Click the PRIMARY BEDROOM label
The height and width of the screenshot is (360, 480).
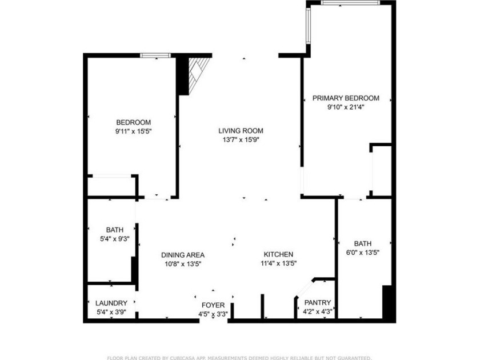coord(346,98)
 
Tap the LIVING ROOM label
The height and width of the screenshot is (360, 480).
coord(241,131)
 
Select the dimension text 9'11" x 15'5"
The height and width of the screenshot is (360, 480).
coord(134,131)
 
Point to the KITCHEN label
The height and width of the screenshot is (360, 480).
coord(278,254)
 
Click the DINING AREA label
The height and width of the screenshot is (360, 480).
coord(183,255)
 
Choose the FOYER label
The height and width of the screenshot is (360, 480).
coord(213,305)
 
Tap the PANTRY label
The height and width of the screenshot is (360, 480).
coord(318,303)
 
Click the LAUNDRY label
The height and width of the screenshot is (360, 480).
coord(111,303)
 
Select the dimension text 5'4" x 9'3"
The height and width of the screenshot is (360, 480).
coord(115,239)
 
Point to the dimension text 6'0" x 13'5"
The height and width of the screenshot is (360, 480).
coord(362,253)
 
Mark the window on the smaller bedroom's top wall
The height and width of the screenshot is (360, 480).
coord(155,55)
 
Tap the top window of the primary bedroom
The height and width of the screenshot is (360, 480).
coord(350,3)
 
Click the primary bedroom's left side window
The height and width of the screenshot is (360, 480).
coord(308,25)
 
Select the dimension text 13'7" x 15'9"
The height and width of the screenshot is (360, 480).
coord(241,140)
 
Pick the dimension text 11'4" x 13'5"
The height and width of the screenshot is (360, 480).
coord(279,263)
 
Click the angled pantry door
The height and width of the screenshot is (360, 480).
coord(305,289)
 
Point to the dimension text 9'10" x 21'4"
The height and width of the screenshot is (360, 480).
coord(346,107)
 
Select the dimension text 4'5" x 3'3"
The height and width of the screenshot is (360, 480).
coord(213,314)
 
